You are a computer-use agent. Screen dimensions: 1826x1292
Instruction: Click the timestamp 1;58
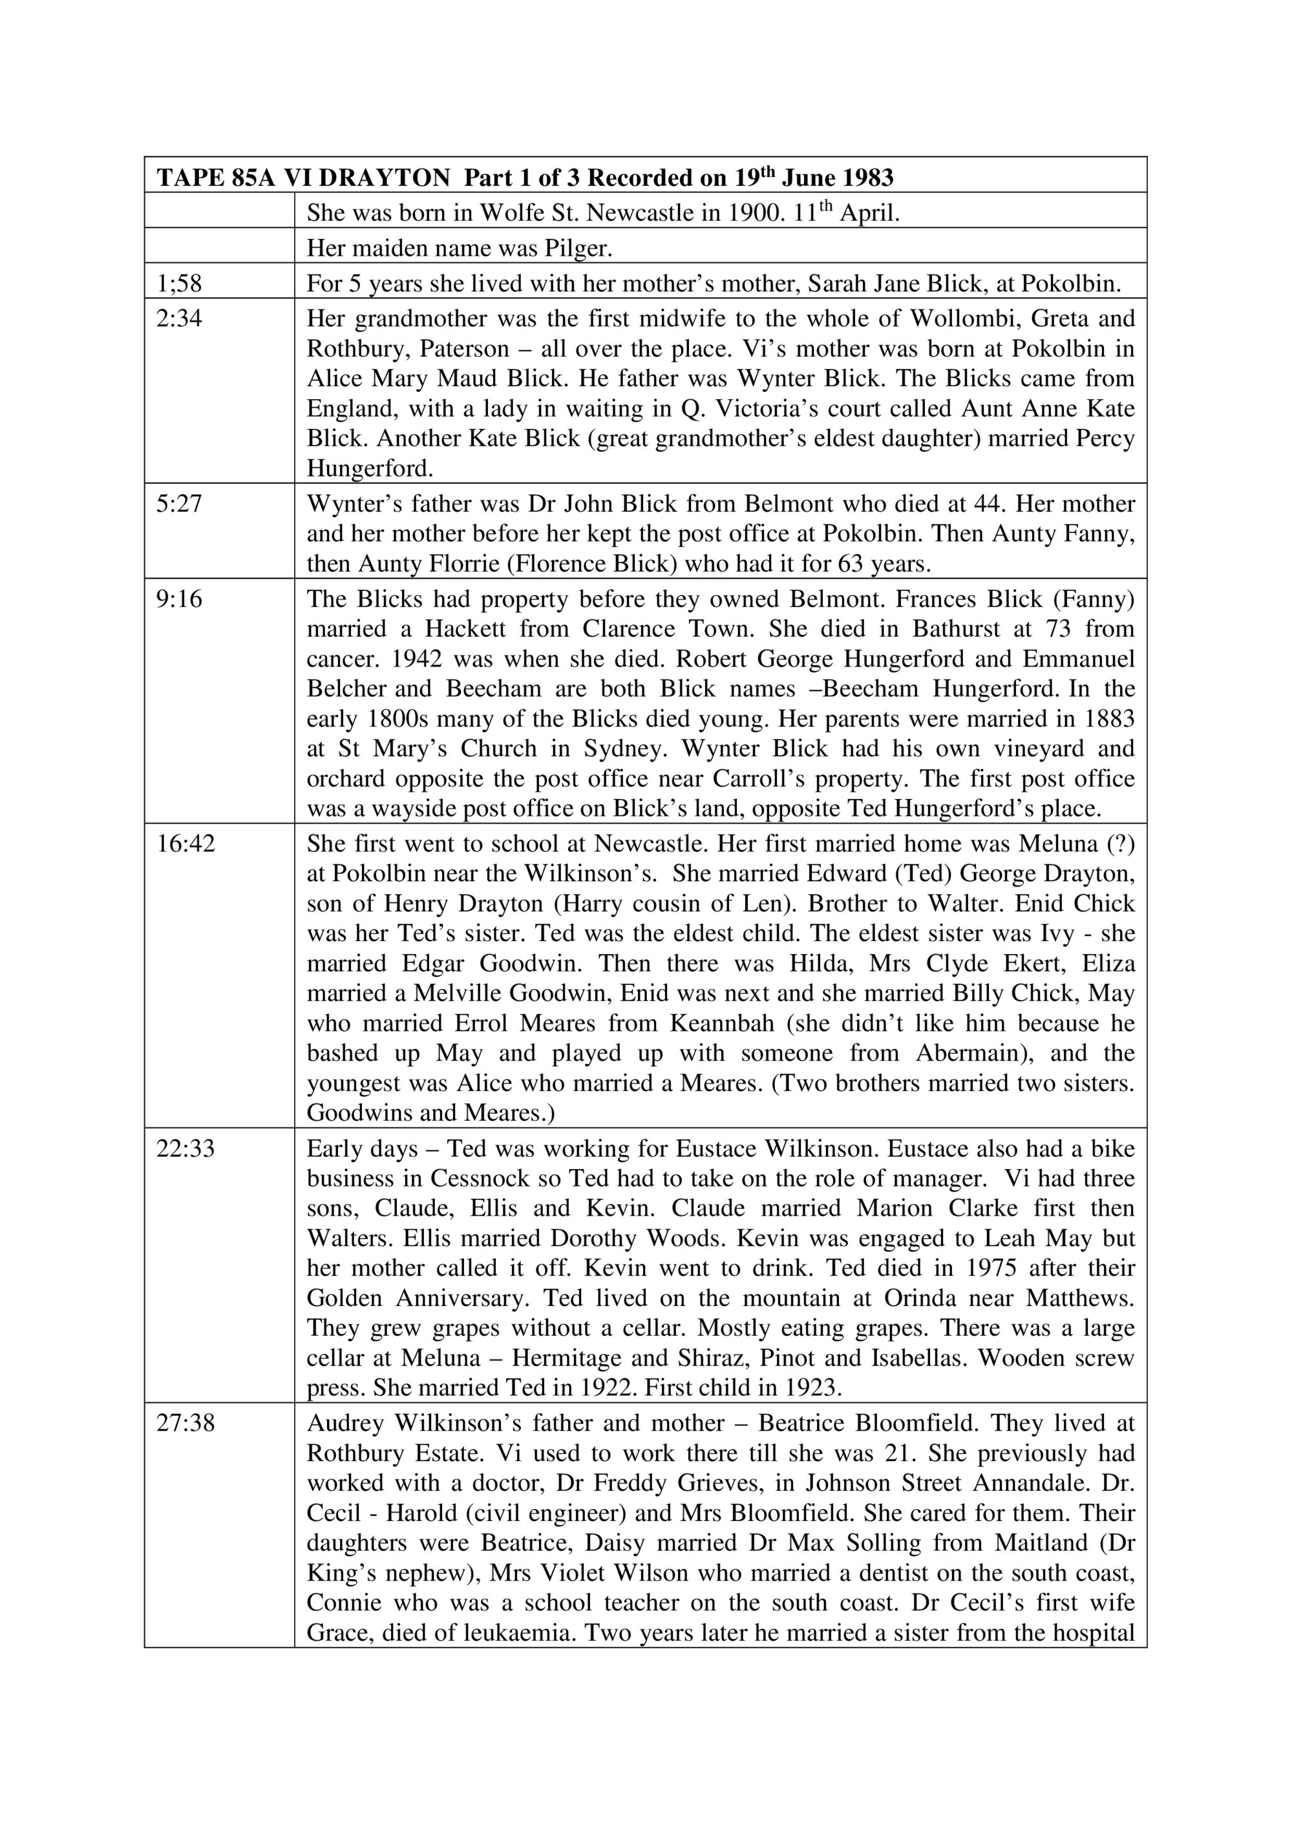pos(179,283)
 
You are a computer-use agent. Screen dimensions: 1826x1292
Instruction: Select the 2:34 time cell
pos(179,318)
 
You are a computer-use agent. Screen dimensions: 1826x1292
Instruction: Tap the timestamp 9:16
pos(179,598)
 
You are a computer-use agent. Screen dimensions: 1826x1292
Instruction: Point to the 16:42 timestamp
pos(185,843)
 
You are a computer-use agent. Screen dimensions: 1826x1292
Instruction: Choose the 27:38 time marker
pos(185,1422)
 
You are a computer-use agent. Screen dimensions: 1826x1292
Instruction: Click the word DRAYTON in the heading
pos(385,178)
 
